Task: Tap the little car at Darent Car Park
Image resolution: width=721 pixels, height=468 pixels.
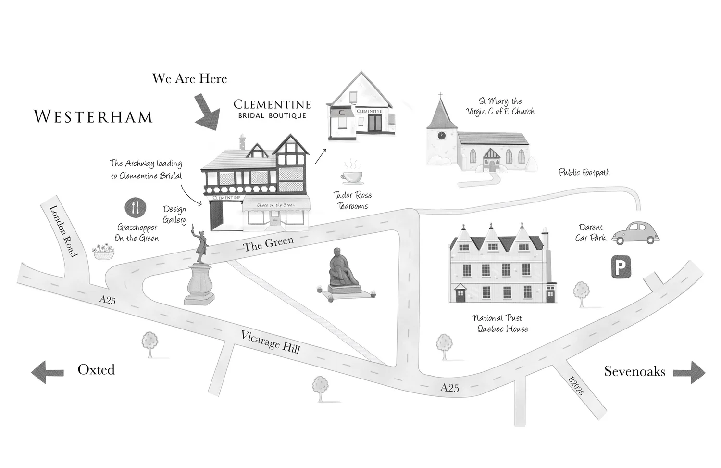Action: [x=635, y=233]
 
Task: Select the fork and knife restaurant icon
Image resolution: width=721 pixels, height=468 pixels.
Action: [x=135, y=207]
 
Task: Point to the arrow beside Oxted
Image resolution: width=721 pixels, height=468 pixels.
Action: [x=47, y=372]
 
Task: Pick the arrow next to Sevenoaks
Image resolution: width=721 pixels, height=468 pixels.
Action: [x=689, y=372]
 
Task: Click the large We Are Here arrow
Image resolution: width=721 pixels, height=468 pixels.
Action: [x=208, y=113]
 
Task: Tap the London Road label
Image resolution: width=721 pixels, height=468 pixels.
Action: [x=63, y=230]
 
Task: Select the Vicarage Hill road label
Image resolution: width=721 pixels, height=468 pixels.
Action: [x=270, y=342]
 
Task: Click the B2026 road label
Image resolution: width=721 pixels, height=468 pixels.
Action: [x=576, y=386]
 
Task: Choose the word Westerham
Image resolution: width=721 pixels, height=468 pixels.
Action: [x=93, y=117]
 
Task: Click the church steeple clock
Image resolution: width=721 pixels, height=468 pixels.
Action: [x=441, y=135]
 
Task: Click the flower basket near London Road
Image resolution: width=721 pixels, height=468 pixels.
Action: [x=104, y=251]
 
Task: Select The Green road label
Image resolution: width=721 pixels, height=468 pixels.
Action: [x=268, y=243]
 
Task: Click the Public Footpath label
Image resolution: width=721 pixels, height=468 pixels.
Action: [x=584, y=172]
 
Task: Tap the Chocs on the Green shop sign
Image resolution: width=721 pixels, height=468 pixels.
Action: [x=276, y=205]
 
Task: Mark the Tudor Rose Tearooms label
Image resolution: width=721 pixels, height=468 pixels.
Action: [x=352, y=201]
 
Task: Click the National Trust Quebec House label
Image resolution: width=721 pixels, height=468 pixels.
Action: [x=500, y=323]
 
